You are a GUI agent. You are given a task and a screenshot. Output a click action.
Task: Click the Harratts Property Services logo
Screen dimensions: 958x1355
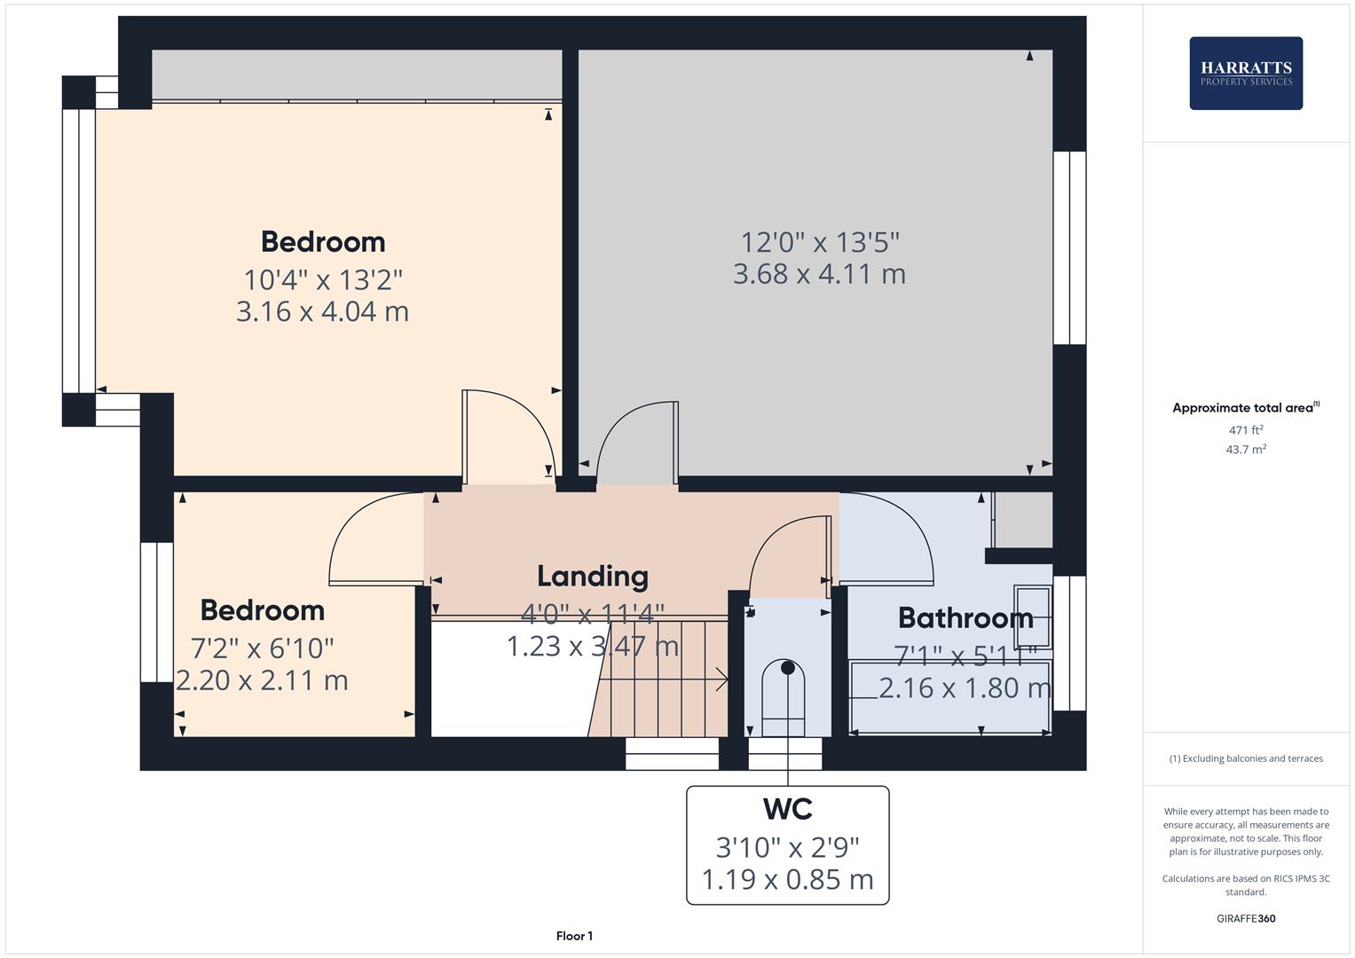(1245, 73)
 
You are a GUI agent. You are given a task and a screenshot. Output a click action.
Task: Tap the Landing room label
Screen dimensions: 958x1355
(592, 577)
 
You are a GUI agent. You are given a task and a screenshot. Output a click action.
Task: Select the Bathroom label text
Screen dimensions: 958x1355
(965, 617)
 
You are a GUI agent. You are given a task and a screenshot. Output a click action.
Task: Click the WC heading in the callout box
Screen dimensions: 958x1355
(787, 809)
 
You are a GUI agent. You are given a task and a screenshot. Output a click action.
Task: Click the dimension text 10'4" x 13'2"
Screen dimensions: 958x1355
(323, 280)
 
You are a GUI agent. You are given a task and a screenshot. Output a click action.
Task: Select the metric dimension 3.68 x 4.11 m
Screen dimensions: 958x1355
(819, 273)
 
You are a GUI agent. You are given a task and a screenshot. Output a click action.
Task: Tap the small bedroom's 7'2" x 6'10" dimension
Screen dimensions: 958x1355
(263, 648)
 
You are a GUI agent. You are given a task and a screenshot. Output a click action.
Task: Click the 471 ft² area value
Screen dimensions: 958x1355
(1246, 430)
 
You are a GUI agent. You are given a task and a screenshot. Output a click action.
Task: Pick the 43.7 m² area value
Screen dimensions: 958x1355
(1246, 450)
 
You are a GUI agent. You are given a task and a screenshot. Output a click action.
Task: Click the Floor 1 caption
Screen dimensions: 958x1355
(574, 936)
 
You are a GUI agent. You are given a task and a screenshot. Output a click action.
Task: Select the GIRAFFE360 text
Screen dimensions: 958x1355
(1246, 918)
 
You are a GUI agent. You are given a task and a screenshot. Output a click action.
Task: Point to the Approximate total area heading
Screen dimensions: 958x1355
(1245, 408)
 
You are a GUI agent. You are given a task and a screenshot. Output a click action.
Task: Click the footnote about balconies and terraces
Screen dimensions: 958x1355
(1246, 758)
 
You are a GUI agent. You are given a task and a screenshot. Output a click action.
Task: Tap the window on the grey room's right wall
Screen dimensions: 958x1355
(1069, 247)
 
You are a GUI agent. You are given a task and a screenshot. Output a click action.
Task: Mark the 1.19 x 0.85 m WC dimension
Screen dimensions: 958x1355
(787, 880)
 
